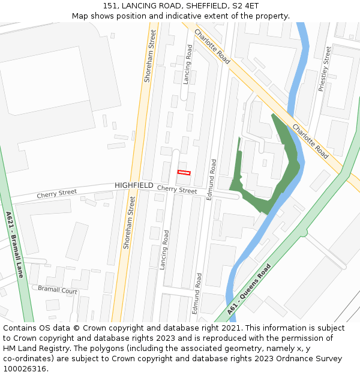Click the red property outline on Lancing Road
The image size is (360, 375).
click(x=184, y=173)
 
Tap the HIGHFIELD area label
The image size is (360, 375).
click(x=134, y=185)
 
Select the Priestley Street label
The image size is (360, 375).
click(x=325, y=69)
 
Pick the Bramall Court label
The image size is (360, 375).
click(x=58, y=290)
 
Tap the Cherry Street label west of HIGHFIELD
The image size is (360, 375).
click(x=57, y=193)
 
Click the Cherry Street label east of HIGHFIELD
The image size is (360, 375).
click(x=176, y=190)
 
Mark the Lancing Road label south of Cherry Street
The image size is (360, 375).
click(x=164, y=249)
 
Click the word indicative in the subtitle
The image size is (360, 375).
click(x=192, y=16)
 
